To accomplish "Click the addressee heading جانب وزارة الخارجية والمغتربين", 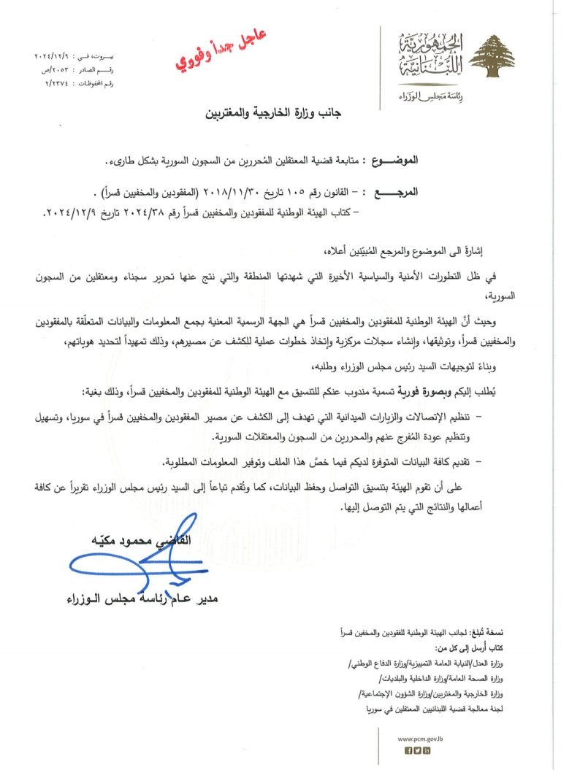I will coord(281,115).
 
